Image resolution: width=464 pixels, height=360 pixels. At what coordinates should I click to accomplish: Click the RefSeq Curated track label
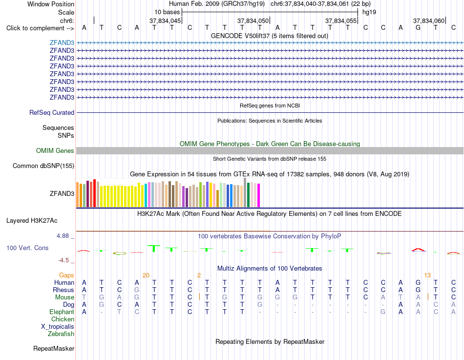click(x=52, y=112)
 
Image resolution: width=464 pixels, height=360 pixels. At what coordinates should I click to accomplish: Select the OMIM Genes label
click(x=55, y=150)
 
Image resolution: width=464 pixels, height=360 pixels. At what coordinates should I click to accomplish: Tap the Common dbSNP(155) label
click(x=43, y=166)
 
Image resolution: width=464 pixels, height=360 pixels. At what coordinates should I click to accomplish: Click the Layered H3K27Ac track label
click(x=32, y=221)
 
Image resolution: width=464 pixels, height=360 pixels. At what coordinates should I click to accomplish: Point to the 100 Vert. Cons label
click(x=27, y=248)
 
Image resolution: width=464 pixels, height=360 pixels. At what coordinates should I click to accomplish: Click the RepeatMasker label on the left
click(x=54, y=348)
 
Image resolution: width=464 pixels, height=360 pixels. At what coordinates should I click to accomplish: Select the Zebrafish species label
click(x=61, y=334)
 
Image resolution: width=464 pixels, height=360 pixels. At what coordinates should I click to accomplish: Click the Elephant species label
click(x=62, y=312)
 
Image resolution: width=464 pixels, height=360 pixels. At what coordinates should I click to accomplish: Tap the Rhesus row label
click(x=63, y=290)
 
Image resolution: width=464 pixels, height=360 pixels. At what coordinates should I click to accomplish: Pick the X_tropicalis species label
click(x=58, y=327)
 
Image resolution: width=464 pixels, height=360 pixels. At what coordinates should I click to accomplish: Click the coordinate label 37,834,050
click(x=253, y=21)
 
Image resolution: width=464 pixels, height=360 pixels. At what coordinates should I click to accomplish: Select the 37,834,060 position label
click(x=429, y=21)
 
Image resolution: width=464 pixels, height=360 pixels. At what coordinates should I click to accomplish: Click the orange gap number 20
click(x=146, y=275)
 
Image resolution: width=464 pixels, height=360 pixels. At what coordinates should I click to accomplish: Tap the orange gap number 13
click(x=427, y=275)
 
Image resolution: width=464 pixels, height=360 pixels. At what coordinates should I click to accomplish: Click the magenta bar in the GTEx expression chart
click(x=259, y=195)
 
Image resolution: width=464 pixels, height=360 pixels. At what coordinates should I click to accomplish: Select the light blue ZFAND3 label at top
click(x=62, y=42)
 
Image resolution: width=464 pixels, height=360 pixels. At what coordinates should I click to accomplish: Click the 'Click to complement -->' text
click(x=40, y=28)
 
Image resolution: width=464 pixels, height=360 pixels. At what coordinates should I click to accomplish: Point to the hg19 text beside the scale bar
click(x=369, y=12)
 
